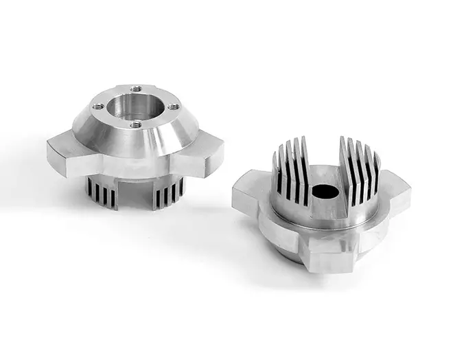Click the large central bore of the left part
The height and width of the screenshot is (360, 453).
coord(137,107)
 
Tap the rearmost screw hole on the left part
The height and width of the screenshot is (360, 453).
coord(137,89)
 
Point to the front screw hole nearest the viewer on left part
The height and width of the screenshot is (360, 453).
coord(136,124)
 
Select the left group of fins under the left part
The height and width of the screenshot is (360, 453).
coord(102,193)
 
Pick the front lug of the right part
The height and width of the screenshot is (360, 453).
coord(323,253)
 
